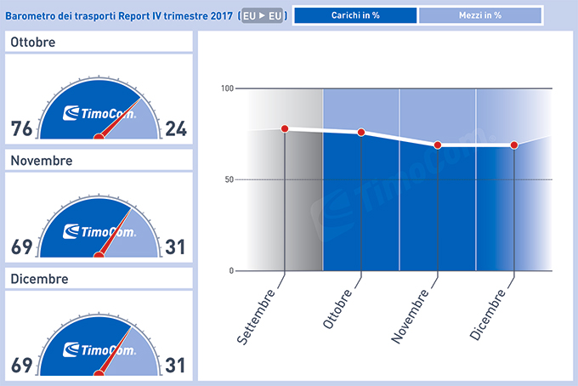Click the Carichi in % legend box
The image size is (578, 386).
(x=354, y=15)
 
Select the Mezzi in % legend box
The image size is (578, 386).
(x=480, y=15)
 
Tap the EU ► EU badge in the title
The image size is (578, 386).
(x=263, y=15)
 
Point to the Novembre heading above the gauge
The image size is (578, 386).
(x=41, y=161)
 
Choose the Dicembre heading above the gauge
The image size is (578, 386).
(x=38, y=278)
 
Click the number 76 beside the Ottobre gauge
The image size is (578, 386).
(x=22, y=129)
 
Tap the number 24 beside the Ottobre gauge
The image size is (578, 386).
(x=178, y=129)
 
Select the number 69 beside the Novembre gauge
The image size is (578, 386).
(x=22, y=247)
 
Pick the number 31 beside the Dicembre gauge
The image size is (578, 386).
(x=178, y=365)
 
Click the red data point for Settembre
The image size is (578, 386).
(x=285, y=128)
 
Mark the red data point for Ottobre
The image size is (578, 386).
(x=361, y=132)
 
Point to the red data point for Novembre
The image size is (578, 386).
(x=438, y=145)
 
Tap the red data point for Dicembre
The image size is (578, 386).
(x=514, y=145)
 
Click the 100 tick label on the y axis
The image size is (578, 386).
(x=226, y=88)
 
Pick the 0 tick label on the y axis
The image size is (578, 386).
(x=230, y=270)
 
